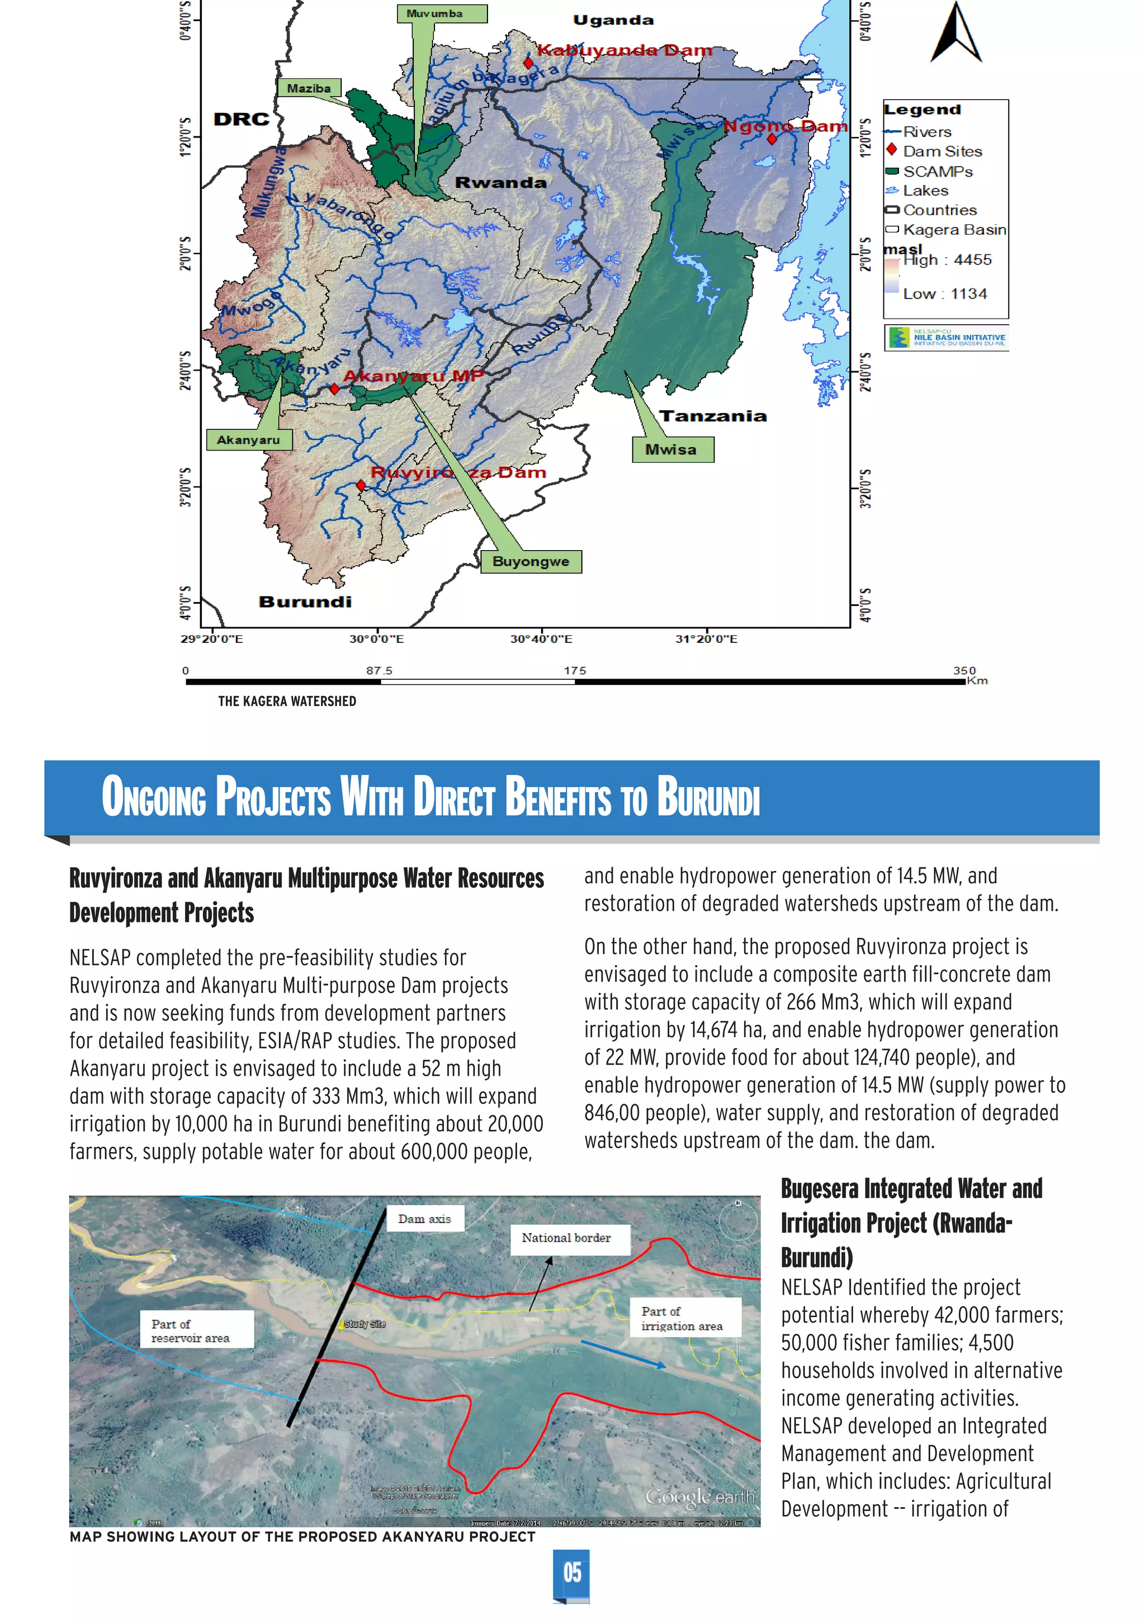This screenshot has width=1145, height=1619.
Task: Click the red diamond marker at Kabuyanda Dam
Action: [x=528, y=63]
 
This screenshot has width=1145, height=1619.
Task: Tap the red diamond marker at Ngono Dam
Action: [x=772, y=139]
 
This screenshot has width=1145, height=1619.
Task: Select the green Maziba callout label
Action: [x=309, y=88]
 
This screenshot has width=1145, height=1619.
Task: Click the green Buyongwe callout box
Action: [x=531, y=561]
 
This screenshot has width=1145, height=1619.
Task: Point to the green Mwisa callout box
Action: [x=672, y=449]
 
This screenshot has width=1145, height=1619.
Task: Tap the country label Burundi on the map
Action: [x=305, y=602]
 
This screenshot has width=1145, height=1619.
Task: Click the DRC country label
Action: [x=241, y=119]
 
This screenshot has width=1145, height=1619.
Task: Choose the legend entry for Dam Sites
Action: [x=941, y=151]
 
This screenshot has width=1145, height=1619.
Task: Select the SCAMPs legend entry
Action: [x=937, y=172]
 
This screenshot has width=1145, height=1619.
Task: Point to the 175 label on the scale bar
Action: [x=575, y=671]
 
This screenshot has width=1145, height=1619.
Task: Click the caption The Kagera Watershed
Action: [x=287, y=701]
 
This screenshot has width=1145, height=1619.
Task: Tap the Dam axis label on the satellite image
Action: [x=424, y=1219]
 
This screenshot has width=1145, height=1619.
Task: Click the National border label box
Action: [x=566, y=1238]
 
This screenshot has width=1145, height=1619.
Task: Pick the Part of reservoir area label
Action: [x=190, y=1331]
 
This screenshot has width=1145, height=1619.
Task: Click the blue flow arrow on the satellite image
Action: [x=623, y=1354]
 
